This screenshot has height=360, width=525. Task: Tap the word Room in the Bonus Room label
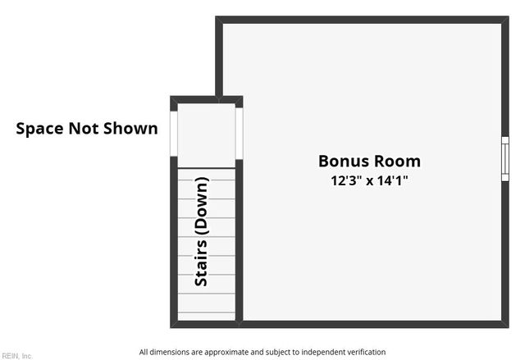(397, 162)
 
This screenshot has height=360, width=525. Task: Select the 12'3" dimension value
(347, 180)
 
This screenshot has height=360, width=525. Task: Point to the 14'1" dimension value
(393, 180)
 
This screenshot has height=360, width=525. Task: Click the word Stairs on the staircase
(201, 262)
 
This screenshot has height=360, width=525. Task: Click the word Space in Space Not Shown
(39, 129)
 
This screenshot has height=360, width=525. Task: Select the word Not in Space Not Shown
(83, 129)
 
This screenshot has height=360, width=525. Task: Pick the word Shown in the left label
(130, 129)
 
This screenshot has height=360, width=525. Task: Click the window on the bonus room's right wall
(505, 159)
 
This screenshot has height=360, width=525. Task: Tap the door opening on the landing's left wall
(174, 134)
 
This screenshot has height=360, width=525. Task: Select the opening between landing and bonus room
(239, 134)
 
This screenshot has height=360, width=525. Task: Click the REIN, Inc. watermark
(16, 356)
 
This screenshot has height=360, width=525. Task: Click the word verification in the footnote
(367, 352)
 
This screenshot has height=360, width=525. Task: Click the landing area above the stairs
(206, 135)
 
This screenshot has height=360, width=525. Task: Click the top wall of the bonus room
(362, 20)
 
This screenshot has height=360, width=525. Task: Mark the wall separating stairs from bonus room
(239, 242)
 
